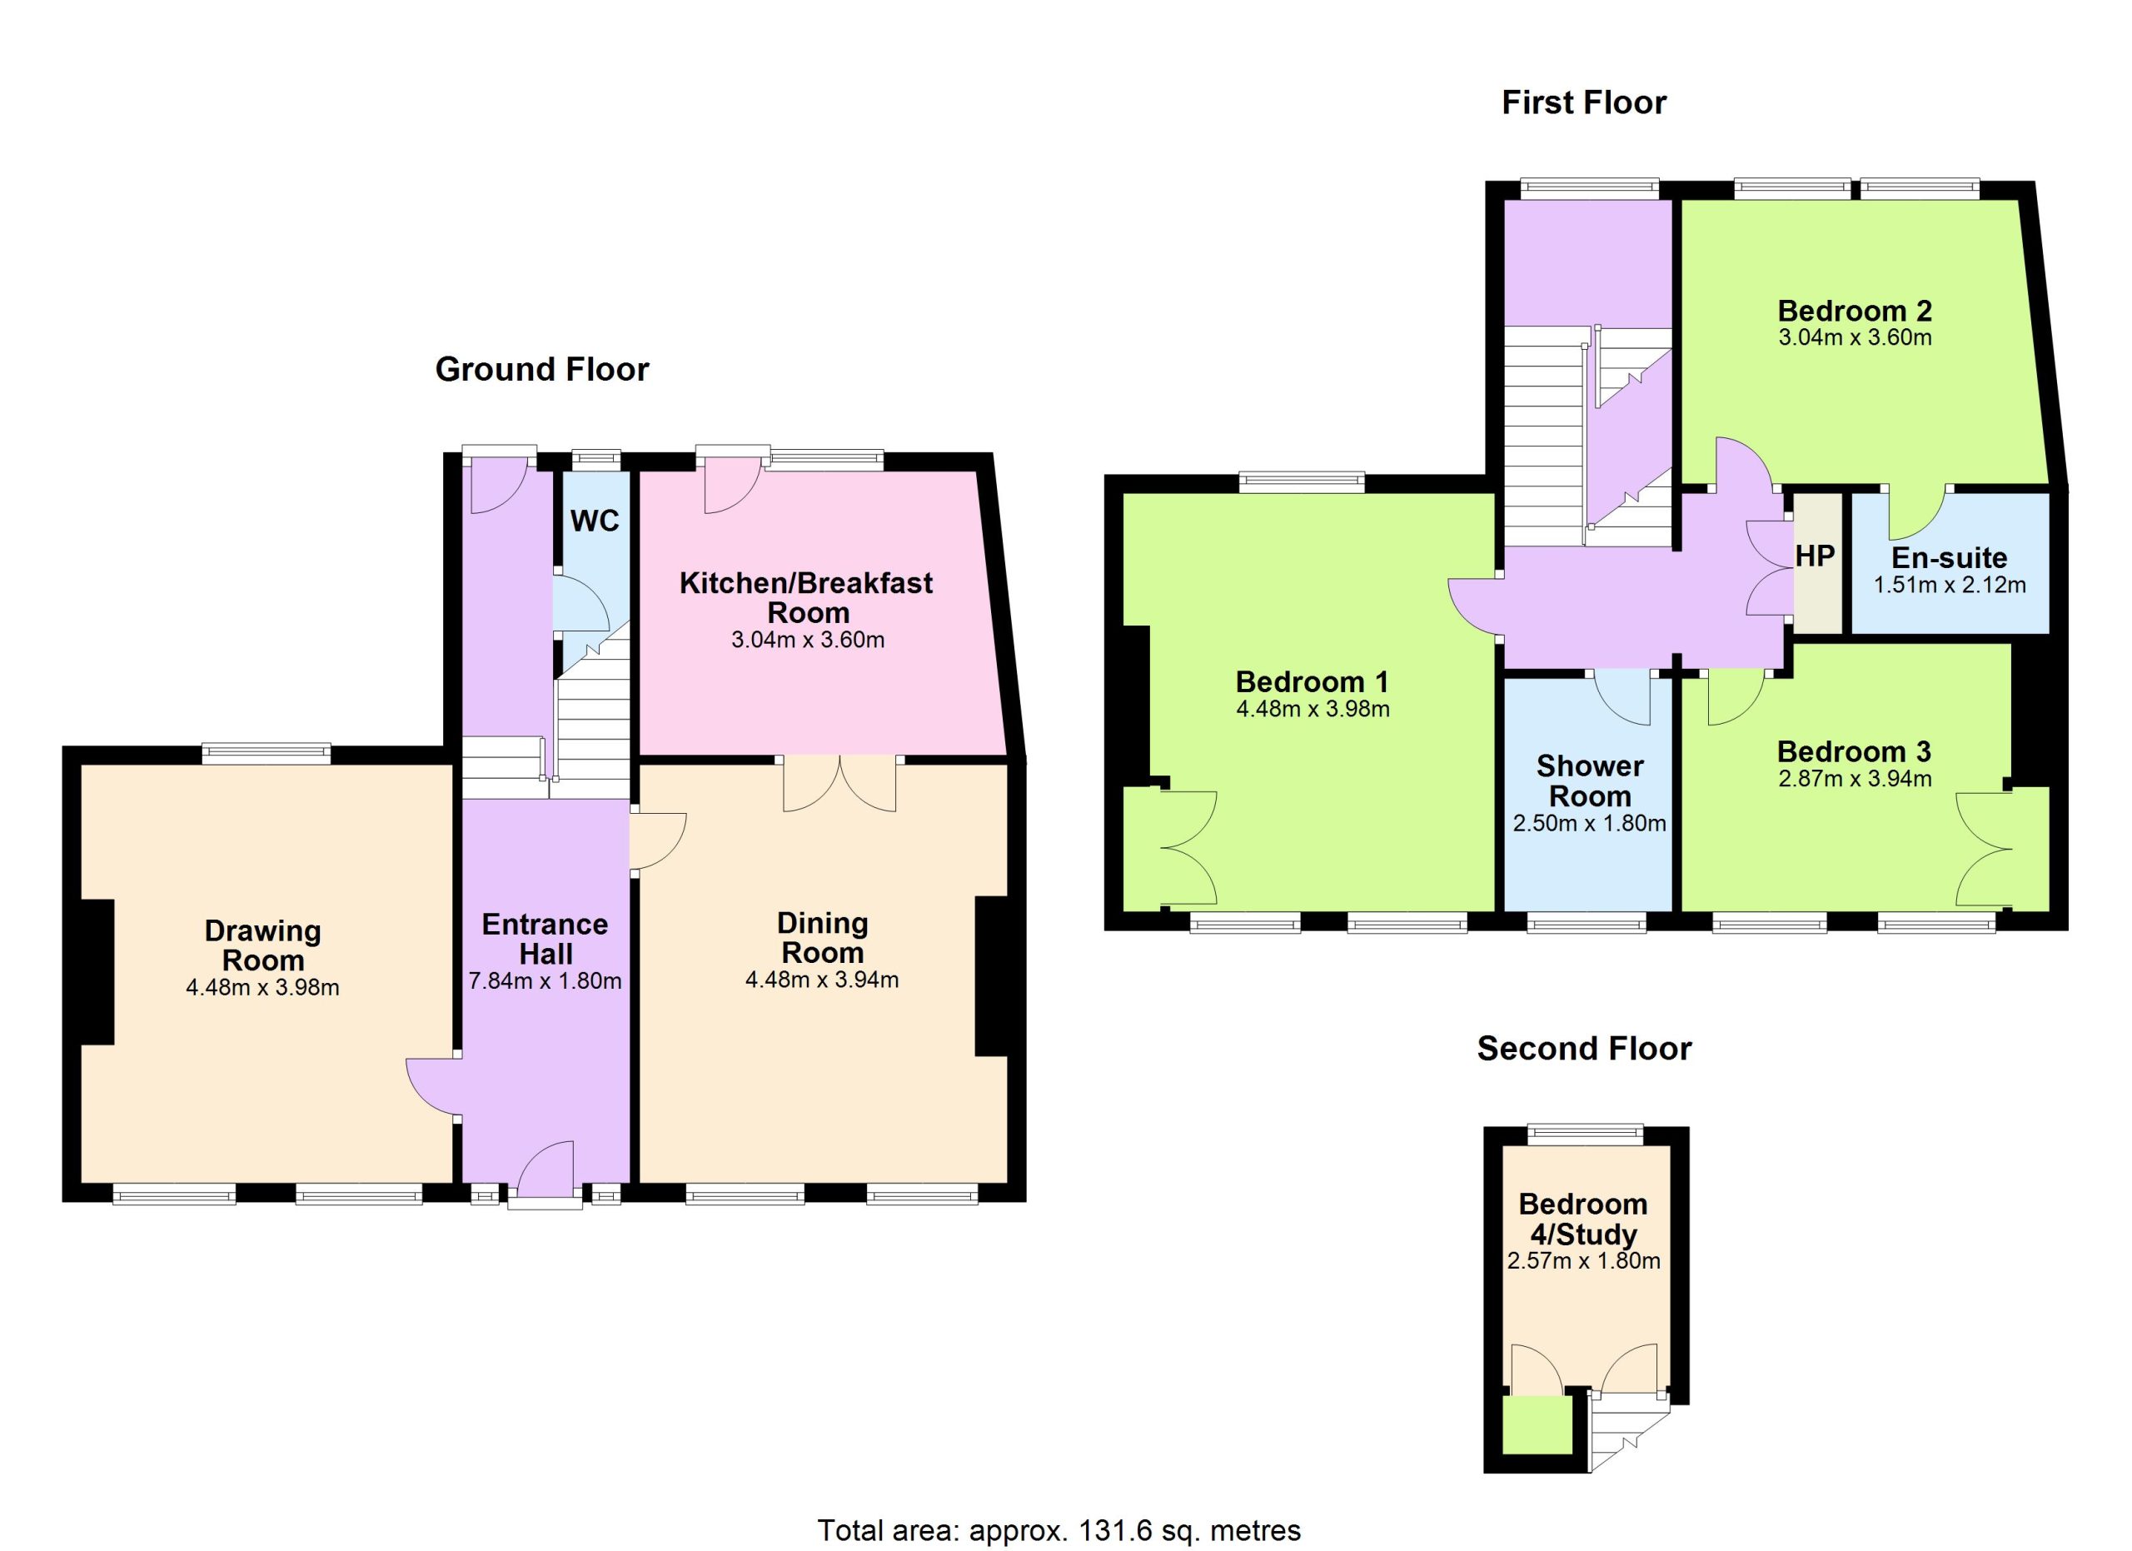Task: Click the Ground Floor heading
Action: [542, 369]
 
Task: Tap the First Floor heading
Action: [1584, 102]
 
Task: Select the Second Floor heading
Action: [1584, 1048]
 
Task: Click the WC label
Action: [595, 521]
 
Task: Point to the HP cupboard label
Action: [1814, 556]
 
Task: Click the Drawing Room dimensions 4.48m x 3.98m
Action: [262, 987]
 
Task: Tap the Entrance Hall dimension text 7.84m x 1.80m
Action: [545, 980]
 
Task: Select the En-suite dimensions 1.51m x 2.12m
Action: [1950, 585]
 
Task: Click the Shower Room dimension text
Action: [1590, 824]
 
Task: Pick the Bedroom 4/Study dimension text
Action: [1584, 1260]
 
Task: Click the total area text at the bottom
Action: [1059, 1530]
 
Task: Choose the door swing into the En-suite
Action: [1919, 512]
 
